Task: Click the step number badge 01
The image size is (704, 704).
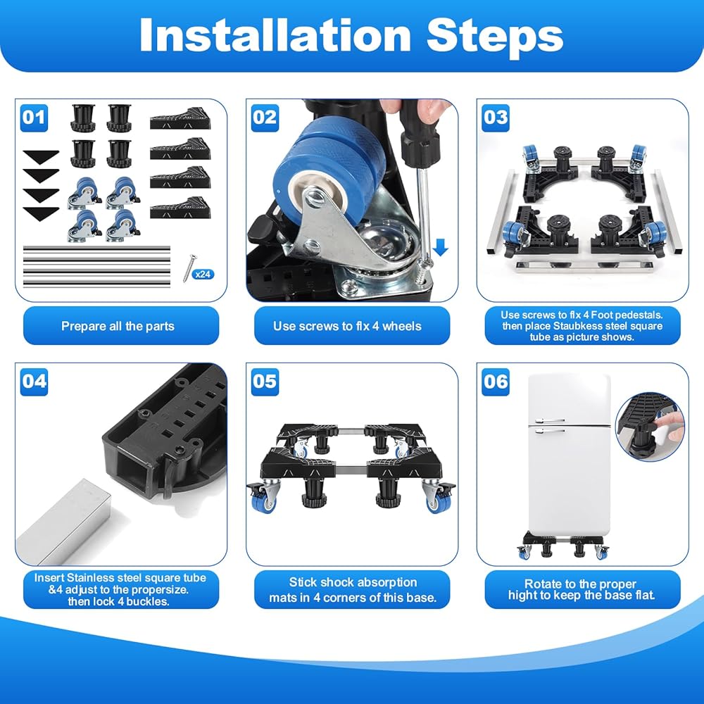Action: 34,118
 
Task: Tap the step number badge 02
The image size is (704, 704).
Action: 265,118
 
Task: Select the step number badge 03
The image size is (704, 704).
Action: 496,118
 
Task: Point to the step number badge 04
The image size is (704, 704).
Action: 34,382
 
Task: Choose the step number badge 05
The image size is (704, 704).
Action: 265,382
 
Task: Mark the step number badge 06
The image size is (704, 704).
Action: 496,382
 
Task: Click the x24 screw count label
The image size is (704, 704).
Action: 203,275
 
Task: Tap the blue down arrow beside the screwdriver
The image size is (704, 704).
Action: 441,247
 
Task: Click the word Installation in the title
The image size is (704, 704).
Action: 275,35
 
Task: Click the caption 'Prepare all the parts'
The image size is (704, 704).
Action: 118,326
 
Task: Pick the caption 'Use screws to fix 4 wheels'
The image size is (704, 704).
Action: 347,326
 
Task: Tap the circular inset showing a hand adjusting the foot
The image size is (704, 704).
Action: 650,427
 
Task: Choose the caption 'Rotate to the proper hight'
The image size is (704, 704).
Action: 581,589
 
